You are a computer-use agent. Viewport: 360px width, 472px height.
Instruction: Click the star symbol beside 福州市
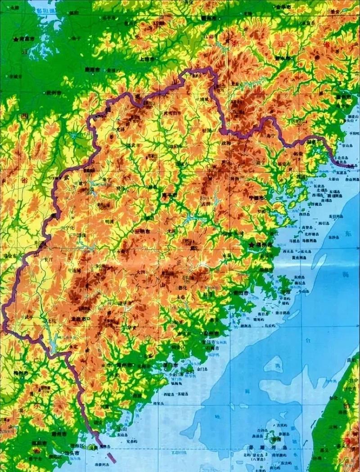tap(251, 244)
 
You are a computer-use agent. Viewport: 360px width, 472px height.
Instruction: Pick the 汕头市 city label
tap(72, 452)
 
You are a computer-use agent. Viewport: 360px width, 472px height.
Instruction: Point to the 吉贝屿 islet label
tap(282, 425)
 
